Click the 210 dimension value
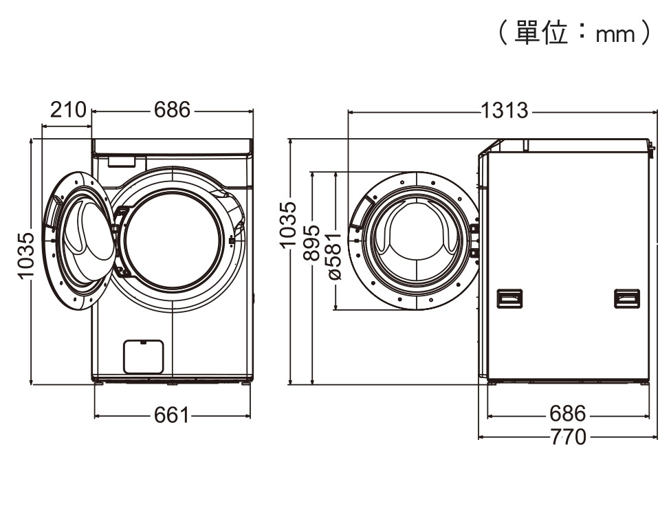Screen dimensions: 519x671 pos(68,110)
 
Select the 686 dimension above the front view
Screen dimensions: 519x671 pos(172,110)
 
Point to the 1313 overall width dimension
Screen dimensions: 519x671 pos(505,110)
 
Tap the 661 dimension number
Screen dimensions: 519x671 pos(170,415)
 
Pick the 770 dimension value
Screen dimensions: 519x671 pos(568,437)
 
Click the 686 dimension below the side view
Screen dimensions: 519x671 pos(568,415)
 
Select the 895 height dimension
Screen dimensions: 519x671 pos(312,243)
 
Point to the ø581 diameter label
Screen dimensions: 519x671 pos(334,254)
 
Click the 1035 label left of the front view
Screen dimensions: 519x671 pos(25,255)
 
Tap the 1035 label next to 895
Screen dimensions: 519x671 pos(289,224)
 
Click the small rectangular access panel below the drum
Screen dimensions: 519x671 pos(143,357)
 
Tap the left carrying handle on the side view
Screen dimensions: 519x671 pos(509,298)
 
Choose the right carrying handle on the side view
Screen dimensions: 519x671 pos(626,298)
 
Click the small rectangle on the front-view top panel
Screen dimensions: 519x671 pos(121,162)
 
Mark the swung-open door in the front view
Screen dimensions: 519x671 pos(78,241)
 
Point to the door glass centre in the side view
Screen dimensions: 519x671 pos(415,240)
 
